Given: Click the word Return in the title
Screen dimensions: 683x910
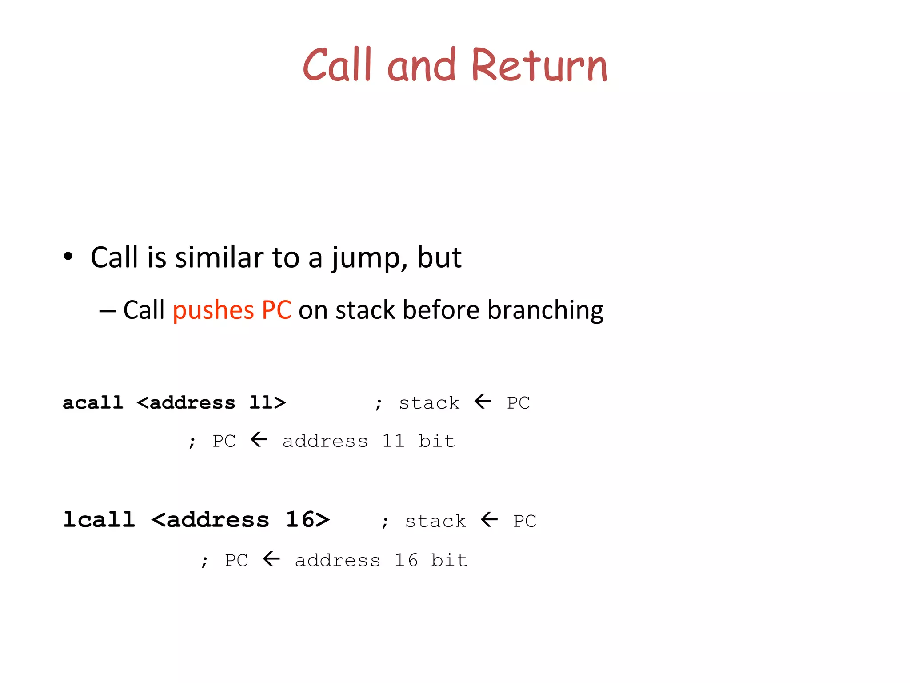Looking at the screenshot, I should click(x=539, y=65).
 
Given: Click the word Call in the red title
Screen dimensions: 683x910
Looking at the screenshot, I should click(x=337, y=65).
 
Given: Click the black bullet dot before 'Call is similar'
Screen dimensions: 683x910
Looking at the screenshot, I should click(x=68, y=257).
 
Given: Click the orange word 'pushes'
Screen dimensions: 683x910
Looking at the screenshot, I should click(x=213, y=310).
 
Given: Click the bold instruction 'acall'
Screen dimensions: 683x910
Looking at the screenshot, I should click(x=93, y=402).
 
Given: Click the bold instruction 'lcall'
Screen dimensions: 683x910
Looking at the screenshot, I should click(x=99, y=519).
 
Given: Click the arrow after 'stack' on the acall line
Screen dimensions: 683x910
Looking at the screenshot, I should click(x=483, y=402).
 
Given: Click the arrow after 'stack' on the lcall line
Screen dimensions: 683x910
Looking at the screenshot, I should click(x=489, y=519).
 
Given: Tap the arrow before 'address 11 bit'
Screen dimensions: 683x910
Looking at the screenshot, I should click(x=259, y=440).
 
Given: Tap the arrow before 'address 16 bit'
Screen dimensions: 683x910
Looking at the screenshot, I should click(x=271, y=559).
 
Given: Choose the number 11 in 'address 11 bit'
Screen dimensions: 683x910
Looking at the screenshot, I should click(x=393, y=441).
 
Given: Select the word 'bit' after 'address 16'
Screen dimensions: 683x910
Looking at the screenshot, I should click(x=449, y=560).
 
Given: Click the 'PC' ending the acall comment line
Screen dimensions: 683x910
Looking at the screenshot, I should click(x=518, y=403).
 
